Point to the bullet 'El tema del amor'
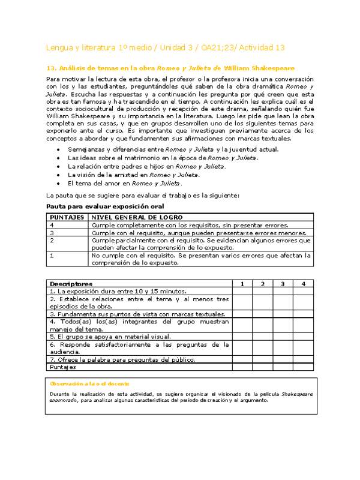(125, 183)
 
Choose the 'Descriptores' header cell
(71, 283)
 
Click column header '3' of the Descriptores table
(283, 283)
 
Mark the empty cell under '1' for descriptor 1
(242, 291)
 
